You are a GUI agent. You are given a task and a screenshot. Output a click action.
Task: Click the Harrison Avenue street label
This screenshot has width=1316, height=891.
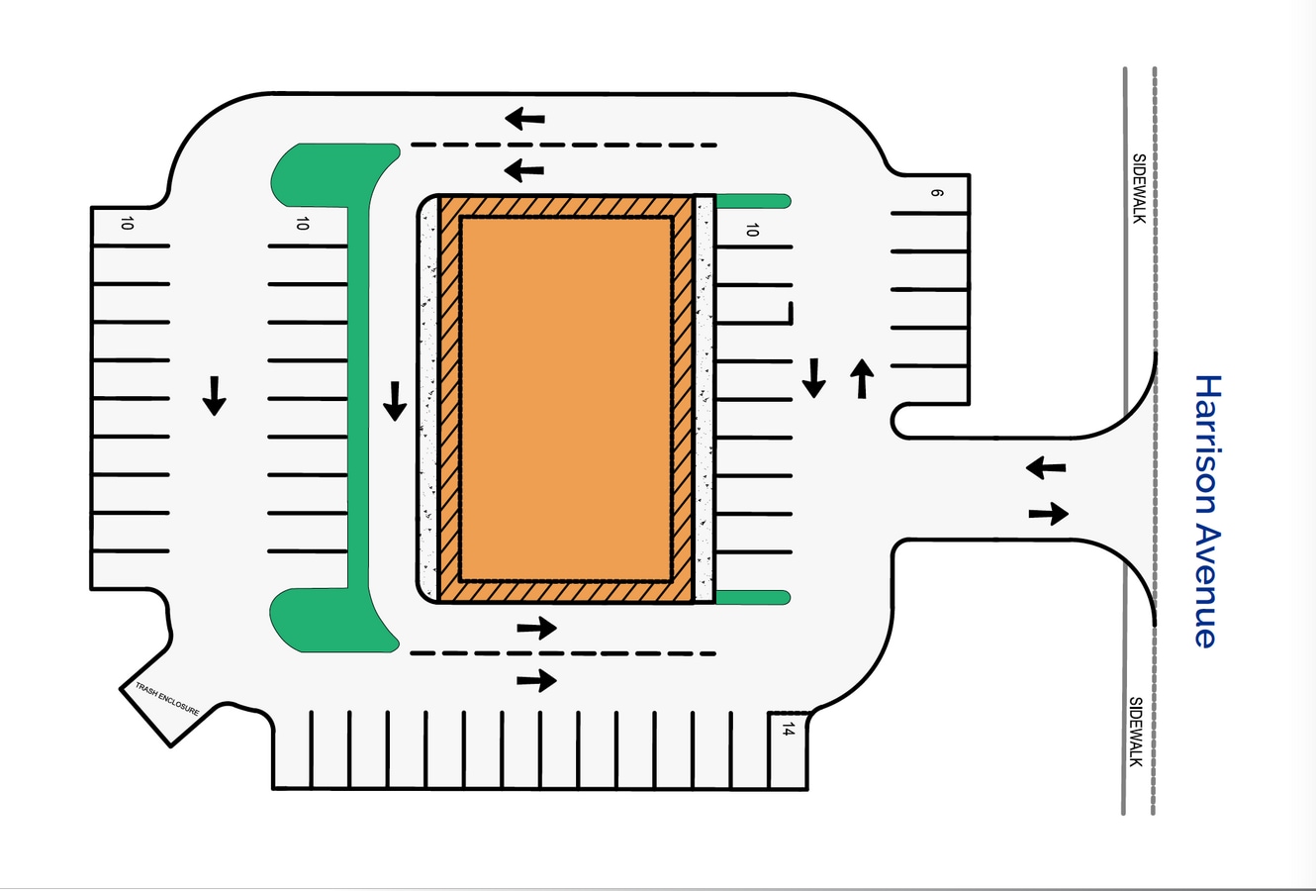[1206, 511]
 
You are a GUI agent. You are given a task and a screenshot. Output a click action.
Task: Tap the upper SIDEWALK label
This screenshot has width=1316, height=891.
[1139, 187]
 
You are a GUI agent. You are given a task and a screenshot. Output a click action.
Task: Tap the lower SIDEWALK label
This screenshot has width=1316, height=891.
[1137, 732]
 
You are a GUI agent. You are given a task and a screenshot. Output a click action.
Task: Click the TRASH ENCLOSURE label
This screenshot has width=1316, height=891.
[167, 699]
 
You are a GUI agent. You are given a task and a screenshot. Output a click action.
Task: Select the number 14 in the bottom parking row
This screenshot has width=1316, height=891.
[788, 730]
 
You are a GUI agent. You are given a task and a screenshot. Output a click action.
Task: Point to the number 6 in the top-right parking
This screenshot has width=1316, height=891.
[936, 192]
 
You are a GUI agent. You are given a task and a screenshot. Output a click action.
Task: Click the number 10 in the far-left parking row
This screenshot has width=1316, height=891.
[126, 224]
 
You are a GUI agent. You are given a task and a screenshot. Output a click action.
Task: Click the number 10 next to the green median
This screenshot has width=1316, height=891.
[302, 224]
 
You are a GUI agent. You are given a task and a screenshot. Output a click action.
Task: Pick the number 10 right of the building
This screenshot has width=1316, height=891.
[752, 230]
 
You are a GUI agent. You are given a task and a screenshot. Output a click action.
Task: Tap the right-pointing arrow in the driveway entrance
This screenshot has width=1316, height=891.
[1048, 513]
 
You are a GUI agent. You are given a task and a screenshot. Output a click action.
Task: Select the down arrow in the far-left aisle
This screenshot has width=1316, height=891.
[214, 395]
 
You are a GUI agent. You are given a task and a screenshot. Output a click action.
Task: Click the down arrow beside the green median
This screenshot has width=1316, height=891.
[395, 400]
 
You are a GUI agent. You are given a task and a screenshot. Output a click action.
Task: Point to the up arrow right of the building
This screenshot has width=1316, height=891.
[862, 378]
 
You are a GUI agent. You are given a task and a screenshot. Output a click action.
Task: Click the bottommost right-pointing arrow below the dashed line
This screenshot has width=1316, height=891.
[536, 680]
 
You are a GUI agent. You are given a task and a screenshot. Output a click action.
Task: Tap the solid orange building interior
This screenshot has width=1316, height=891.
[566, 399]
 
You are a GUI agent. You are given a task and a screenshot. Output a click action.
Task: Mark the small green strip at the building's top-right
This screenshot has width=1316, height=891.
[752, 201]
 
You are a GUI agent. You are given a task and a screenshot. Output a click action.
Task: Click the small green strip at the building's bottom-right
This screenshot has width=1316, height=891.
[752, 597]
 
